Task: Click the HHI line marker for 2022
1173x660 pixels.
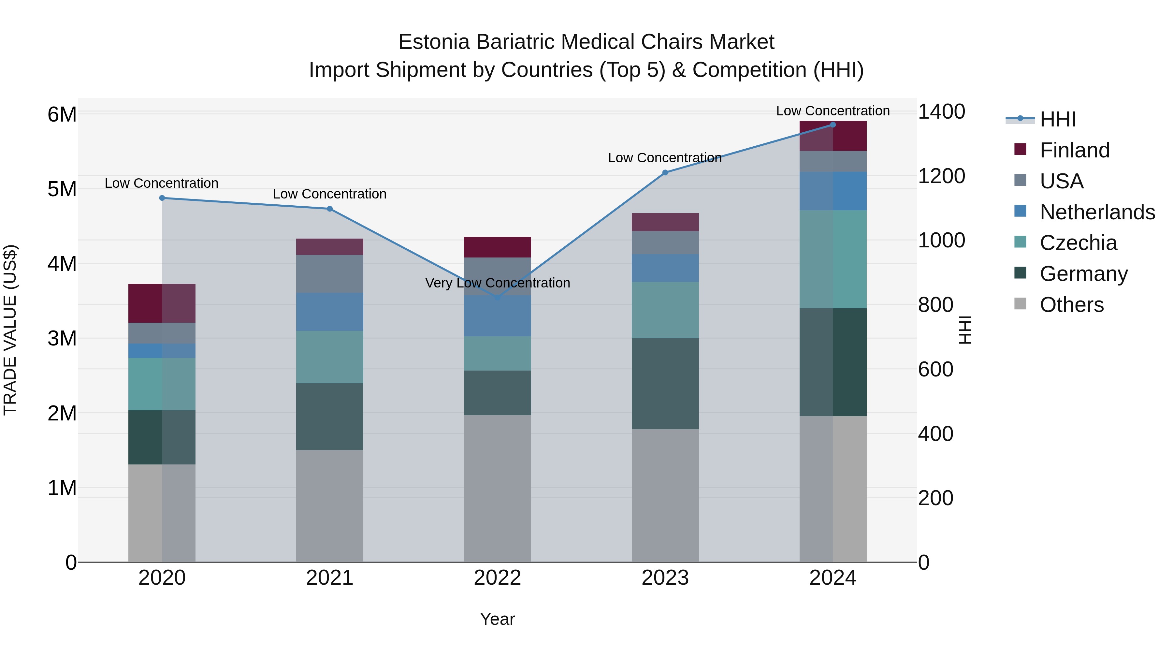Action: point(497,298)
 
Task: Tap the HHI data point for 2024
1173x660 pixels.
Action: point(833,125)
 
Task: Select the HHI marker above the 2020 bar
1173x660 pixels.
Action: point(162,198)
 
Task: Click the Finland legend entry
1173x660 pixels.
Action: point(1075,150)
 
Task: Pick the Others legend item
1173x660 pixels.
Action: point(1071,305)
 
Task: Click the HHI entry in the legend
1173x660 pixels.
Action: point(1057,119)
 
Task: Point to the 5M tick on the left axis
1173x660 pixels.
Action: point(62,189)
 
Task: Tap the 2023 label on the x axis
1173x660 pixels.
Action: point(665,578)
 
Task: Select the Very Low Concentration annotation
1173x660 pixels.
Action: point(497,283)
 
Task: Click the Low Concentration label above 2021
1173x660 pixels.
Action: point(330,194)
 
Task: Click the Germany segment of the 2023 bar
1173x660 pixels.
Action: point(665,384)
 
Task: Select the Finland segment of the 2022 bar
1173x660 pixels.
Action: point(497,247)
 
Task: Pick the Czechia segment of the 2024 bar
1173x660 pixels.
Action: point(833,259)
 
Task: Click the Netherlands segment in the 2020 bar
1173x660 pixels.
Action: point(162,351)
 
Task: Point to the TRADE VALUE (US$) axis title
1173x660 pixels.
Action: point(10,330)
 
